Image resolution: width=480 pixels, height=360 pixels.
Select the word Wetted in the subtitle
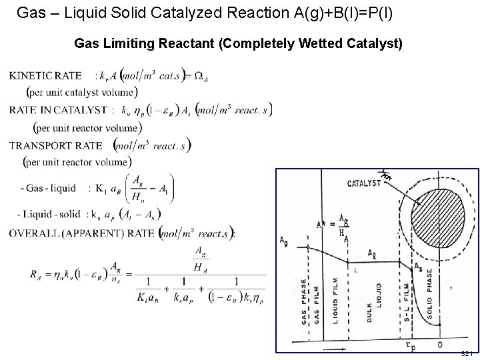pyautogui.click(x=319, y=44)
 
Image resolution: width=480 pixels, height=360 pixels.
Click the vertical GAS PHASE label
pyautogui.click(x=304, y=301)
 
